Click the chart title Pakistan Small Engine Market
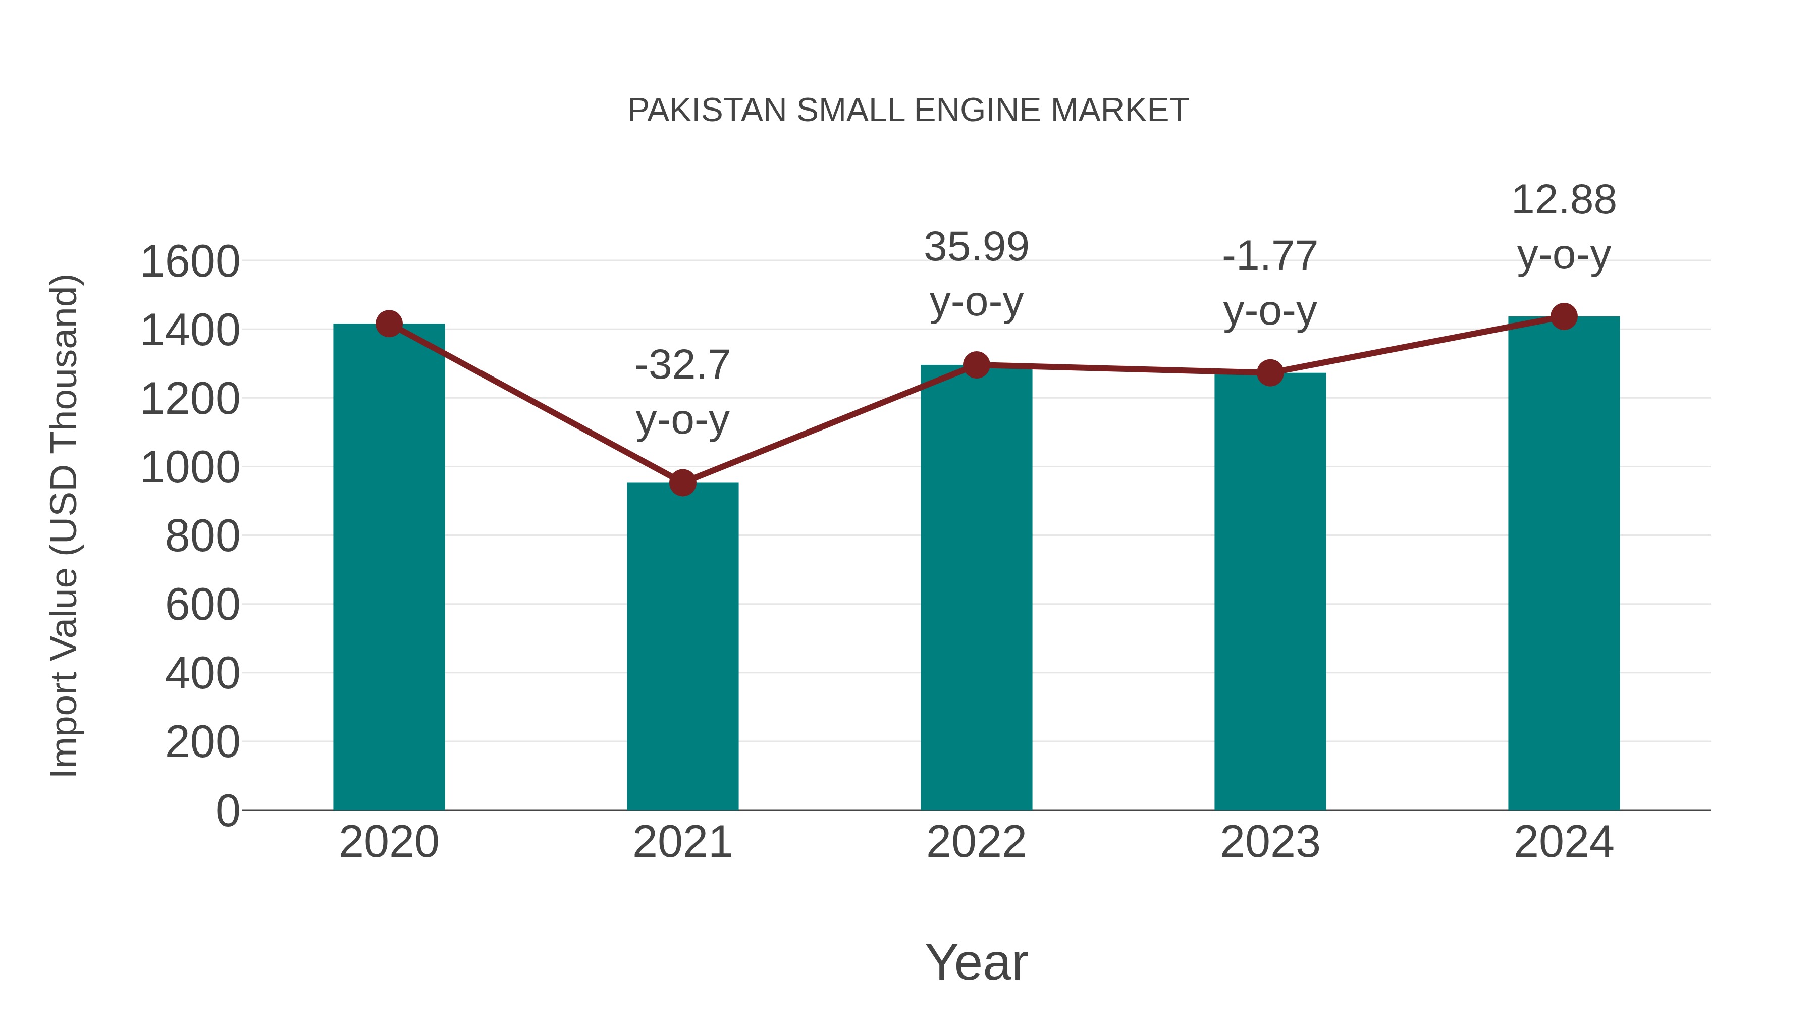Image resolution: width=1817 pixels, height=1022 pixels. pyautogui.click(x=908, y=111)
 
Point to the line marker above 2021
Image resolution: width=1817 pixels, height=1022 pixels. pyautogui.click(x=682, y=483)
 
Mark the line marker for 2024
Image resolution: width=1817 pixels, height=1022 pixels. pyautogui.click(x=1564, y=316)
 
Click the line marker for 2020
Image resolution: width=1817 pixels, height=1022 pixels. pyautogui.click(x=389, y=324)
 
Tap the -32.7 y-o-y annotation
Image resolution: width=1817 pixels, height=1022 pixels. pyautogui.click(x=682, y=392)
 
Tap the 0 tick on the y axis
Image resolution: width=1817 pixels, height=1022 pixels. pyautogui.click(x=227, y=811)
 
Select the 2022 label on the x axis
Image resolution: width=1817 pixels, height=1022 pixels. pyautogui.click(x=976, y=842)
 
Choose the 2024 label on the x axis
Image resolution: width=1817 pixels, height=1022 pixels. pyautogui.click(x=1564, y=842)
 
